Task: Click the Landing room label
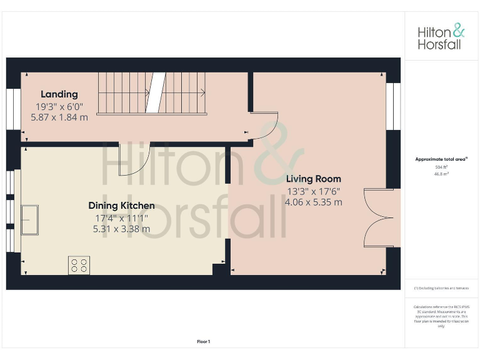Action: click(x=59, y=94)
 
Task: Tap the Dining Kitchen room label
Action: click(x=121, y=206)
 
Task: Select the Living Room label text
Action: click(x=314, y=179)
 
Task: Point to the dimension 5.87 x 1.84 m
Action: click(x=59, y=117)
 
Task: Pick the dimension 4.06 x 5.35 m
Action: click(x=314, y=202)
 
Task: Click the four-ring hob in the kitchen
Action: click(x=79, y=266)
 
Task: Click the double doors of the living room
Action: click(x=378, y=217)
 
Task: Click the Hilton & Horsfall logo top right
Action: click(x=441, y=36)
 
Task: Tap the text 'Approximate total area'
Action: click(x=441, y=159)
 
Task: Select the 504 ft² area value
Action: click(x=441, y=167)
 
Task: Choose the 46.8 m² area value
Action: click(x=441, y=174)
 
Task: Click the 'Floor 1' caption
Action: click(x=204, y=341)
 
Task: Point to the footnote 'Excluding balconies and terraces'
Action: click(x=441, y=288)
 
